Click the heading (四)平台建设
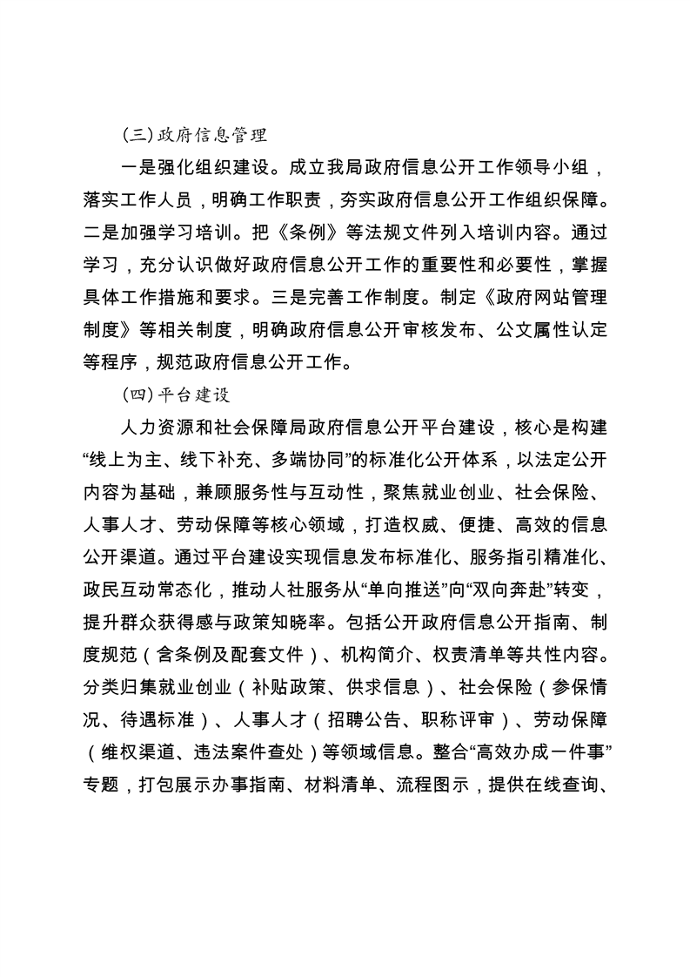click(176, 394)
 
